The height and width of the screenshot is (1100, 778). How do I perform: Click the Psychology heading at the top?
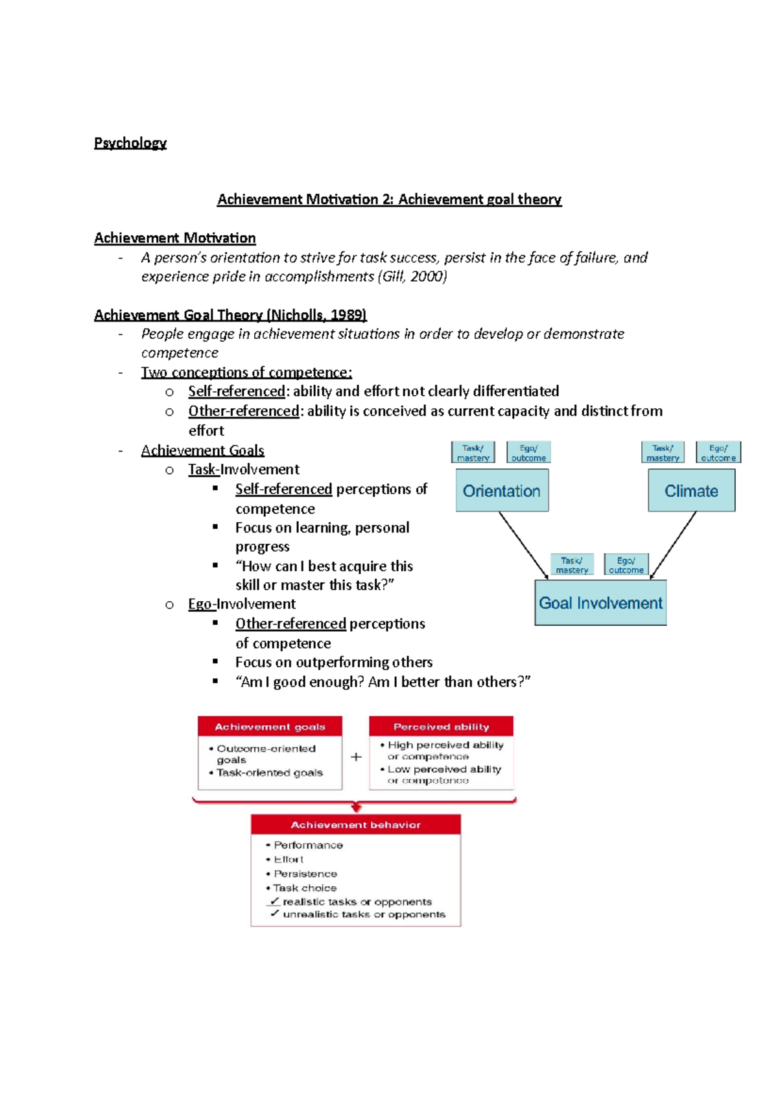(130, 143)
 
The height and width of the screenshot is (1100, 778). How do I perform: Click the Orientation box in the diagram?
(502, 490)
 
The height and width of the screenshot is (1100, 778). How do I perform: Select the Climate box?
(691, 490)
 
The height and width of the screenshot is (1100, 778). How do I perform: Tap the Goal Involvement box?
(600, 602)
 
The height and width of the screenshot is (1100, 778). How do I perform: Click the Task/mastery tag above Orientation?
(473, 452)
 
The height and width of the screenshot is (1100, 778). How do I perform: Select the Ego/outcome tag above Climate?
(718, 452)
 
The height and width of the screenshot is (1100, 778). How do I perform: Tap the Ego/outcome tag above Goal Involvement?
(626, 564)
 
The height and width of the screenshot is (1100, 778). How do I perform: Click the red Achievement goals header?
(270, 726)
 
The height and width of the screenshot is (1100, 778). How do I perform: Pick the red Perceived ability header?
(441, 726)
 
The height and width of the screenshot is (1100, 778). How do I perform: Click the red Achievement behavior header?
(355, 824)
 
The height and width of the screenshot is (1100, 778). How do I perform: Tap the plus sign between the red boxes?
(356, 757)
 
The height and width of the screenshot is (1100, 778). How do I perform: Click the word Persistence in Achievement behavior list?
(305, 873)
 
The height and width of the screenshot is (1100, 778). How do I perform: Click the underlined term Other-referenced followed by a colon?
(244, 411)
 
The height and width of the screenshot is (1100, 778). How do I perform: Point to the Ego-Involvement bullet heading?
(242, 604)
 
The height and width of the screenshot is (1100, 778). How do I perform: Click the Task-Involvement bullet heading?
(244, 469)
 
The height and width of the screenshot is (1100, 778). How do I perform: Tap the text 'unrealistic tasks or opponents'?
(364, 914)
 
